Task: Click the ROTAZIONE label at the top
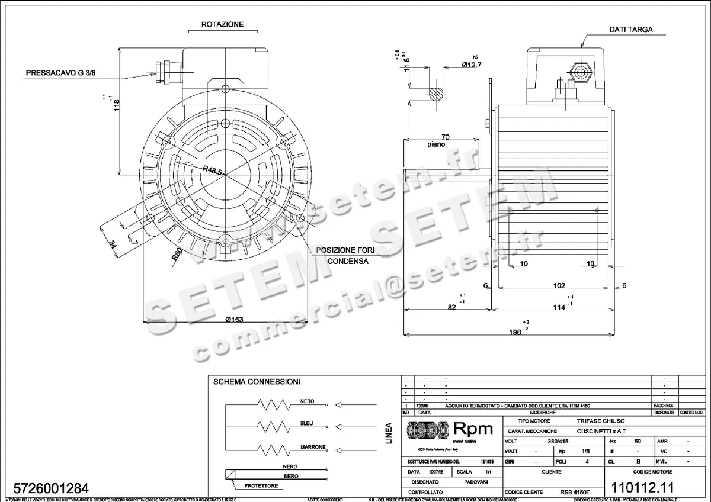222,25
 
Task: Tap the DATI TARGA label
631,30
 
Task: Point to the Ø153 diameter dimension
235,320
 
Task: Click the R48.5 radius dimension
212,170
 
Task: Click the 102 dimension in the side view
559,285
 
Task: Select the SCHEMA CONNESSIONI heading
257,381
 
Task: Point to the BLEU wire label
307,423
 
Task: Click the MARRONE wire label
312,446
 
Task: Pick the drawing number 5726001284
46,488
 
